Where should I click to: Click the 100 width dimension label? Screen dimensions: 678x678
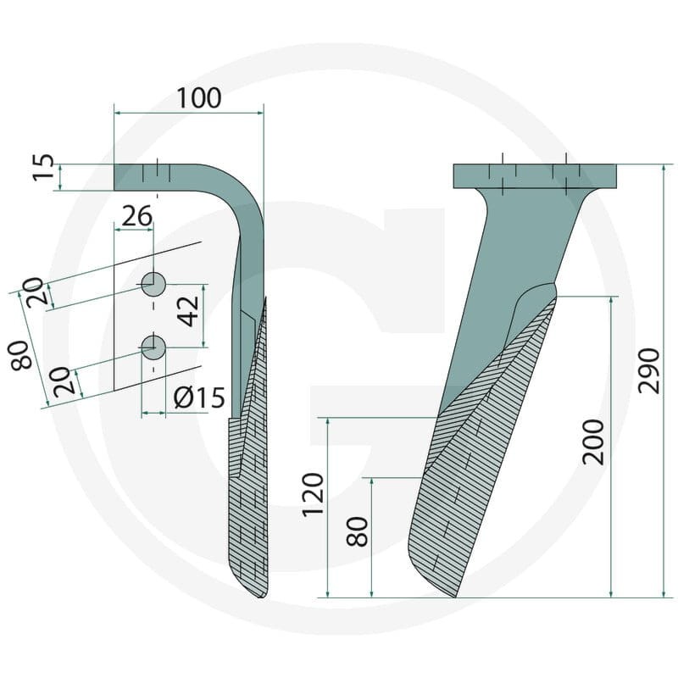click(x=199, y=98)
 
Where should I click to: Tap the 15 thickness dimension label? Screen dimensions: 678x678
click(x=44, y=167)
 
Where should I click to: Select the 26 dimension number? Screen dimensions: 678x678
click(x=136, y=216)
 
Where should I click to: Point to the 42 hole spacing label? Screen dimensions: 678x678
click(x=189, y=311)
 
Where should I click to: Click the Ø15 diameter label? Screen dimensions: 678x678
click(x=199, y=397)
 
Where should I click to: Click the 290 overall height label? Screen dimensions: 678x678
click(x=649, y=370)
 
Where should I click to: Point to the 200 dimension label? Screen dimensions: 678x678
click(x=592, y=442)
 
